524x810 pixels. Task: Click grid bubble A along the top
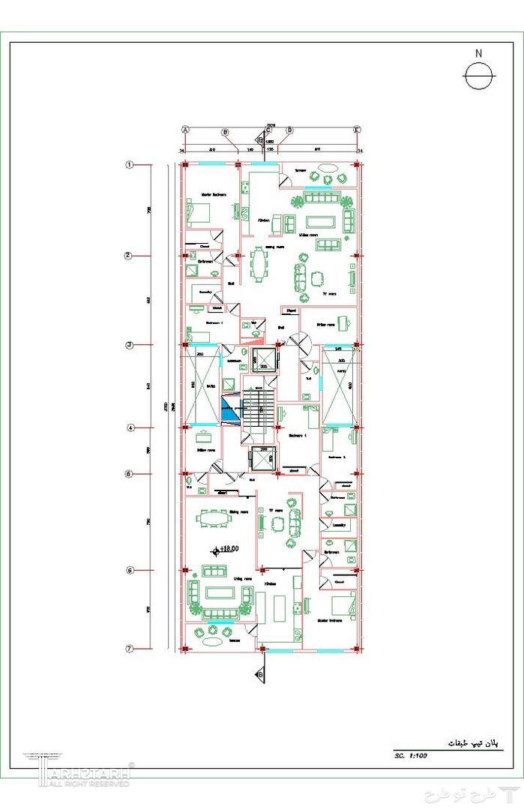184,130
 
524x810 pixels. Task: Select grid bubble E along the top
357,130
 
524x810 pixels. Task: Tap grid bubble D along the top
289,130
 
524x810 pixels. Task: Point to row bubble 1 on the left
129,165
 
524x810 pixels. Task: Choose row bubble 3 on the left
129,345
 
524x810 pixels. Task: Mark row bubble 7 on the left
129,649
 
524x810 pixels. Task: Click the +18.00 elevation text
228,549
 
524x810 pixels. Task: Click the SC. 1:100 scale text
411,756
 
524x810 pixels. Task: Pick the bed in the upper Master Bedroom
200,213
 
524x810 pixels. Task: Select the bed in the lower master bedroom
343,604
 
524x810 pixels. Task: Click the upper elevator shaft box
264,360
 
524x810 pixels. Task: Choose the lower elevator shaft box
262,457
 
